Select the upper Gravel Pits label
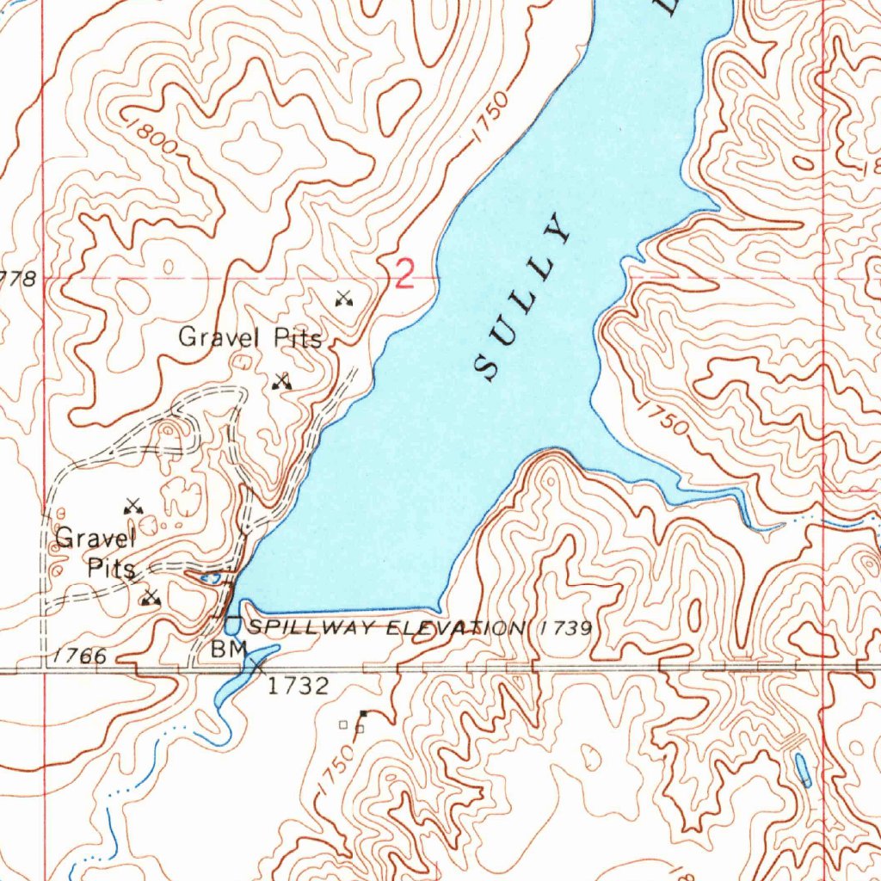tap(250, 337)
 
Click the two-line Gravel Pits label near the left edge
tap(95, 553)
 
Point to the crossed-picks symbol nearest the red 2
tap(344, 299)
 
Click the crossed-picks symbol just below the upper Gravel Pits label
tap(281, 381)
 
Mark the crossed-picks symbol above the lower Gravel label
tap(132, 506)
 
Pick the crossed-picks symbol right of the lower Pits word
tap(151, 596)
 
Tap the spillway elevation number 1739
tap(566, 628)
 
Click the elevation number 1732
tap(297, 686)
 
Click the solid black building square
tap(363, 713)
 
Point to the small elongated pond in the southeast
tap(802, 770)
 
